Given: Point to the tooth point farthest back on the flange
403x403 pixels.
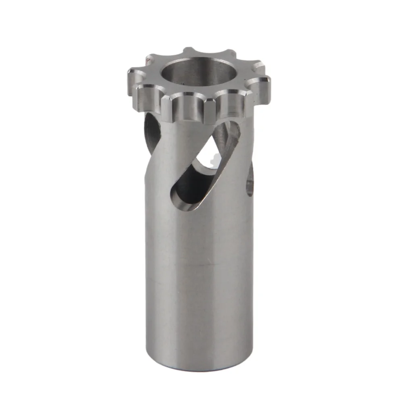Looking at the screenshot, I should [189, 50].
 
